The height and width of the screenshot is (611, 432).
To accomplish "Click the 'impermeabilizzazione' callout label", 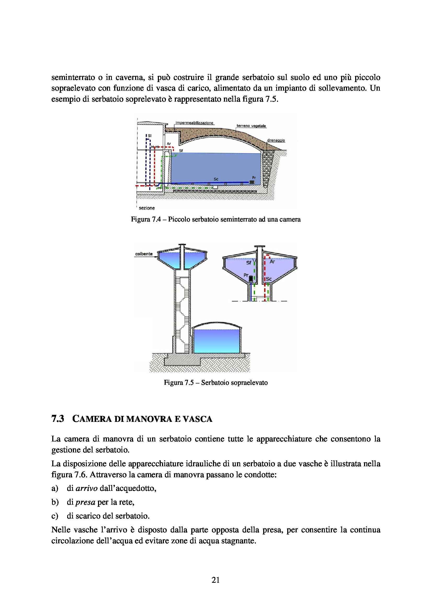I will coord(194,123).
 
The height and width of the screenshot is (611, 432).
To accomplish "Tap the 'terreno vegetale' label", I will coord(251,126).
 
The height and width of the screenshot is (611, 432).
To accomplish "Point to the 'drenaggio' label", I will coord(276,140).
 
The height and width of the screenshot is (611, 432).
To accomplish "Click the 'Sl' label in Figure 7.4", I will coord(149,136).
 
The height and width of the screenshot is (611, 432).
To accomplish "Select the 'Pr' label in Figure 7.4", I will coord(254,177).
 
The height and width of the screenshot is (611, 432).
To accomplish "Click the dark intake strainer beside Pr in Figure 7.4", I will coord(252,182).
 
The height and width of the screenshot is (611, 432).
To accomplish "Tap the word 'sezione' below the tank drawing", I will coord(147,208).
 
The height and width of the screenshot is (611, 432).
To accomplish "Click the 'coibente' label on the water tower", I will coord(144,254).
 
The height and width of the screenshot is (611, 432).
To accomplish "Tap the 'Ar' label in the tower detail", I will coord(272,261).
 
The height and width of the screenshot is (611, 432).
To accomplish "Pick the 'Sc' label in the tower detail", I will coord(269,279).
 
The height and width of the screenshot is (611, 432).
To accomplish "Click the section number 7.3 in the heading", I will coord(57,419).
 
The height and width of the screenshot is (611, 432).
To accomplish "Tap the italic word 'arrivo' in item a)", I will coord(87,488).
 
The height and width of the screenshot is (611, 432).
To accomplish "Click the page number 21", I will coord(216,580).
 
